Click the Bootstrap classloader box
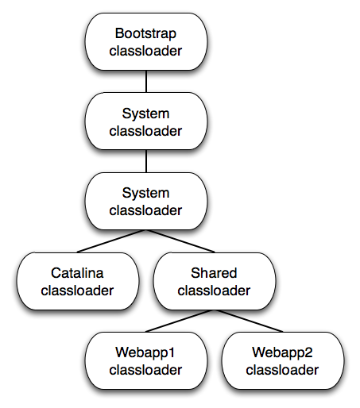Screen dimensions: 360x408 pos(146,42)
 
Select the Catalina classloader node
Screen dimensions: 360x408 pos(78,281)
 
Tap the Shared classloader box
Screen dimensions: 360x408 pos(215,281)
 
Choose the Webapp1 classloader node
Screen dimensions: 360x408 pos(146,360)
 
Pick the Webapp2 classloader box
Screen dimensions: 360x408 pos(283,360)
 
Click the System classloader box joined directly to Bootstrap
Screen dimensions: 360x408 pos(146,121)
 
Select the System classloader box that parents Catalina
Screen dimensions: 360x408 pos(146,201)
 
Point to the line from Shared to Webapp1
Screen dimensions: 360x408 pos(180,321)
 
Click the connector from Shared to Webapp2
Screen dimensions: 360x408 pos(249,321)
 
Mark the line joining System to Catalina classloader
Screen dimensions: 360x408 pos(111,241)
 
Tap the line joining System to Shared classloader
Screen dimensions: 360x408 pos(180,241)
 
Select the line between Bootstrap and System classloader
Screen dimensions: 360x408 pos(146,82)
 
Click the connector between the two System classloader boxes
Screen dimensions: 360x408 pos(146,161)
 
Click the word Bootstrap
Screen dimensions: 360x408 pos(145,34)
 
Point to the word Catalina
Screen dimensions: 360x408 pos(77,273)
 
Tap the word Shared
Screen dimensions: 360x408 pos(214,273)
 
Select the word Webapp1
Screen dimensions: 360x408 pos(145,352)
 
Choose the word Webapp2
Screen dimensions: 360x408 pos(282,352)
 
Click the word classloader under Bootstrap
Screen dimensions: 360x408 pos(145,51)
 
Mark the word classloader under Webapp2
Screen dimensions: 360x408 pos(282,370)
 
